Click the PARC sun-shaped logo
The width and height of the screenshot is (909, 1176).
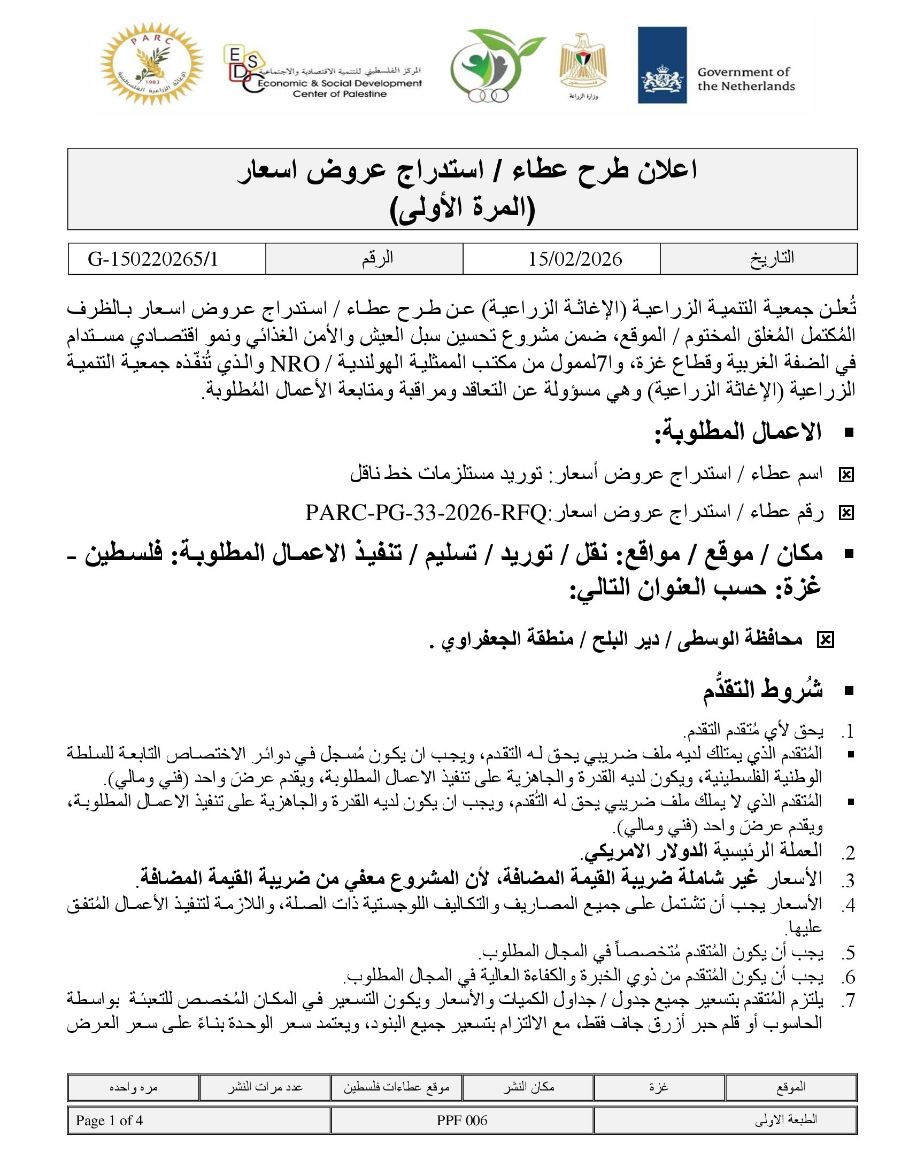click(x=151, y=65)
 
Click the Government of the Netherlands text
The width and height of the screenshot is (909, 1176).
click(x=745, y=79)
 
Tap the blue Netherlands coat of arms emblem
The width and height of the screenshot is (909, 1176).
click(x=662, y=65)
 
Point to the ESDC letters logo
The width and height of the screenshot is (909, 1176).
click(x=242, y=70)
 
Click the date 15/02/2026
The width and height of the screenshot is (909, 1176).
click(x=575, y=259)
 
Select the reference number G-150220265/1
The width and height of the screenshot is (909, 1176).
click(x=153, y=259)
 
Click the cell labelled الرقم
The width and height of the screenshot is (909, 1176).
click(x=378, y=259)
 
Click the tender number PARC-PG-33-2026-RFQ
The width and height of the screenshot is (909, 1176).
click(x=426, y=513)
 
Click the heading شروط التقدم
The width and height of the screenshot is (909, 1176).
click(x=762, y=690)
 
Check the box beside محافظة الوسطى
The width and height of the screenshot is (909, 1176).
click(x=825, y=640)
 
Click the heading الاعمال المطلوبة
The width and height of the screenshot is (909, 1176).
click(x=738, y=432)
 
